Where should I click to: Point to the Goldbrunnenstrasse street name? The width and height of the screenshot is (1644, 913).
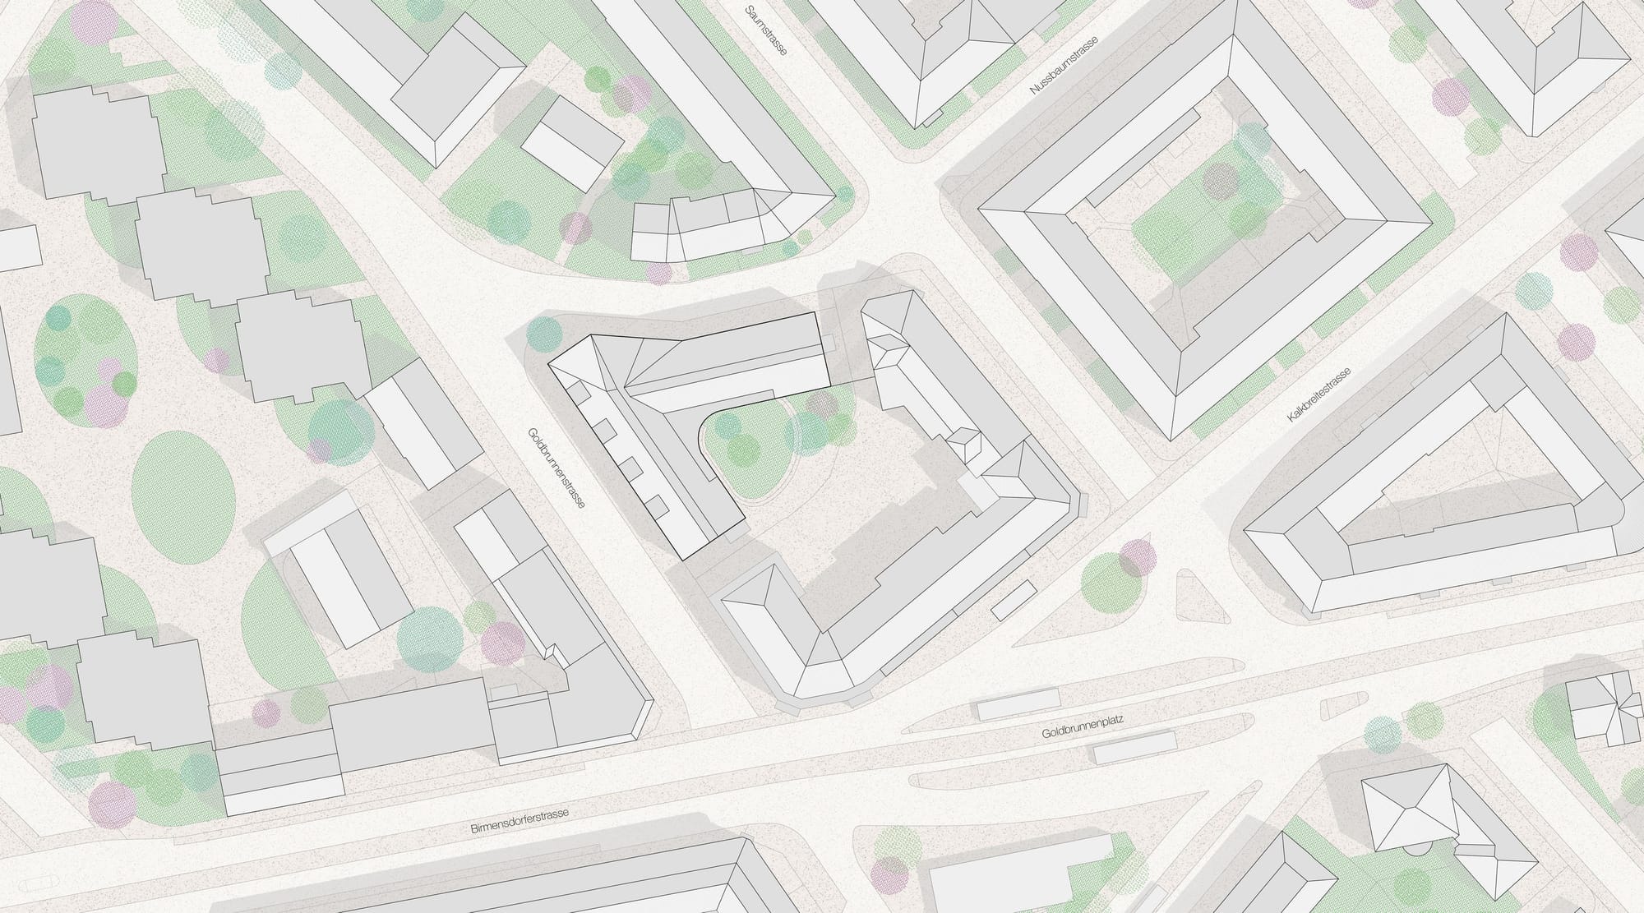[x=556, y=468]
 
